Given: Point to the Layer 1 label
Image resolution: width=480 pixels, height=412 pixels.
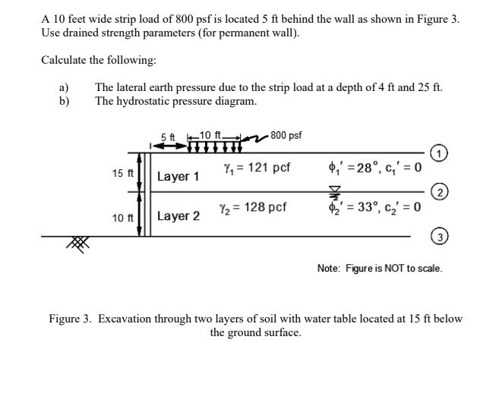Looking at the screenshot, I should tap(178, 177).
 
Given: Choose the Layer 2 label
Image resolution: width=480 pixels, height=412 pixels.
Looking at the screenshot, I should tap(178, 216).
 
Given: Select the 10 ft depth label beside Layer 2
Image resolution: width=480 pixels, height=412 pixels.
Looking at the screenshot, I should tap(122, 218).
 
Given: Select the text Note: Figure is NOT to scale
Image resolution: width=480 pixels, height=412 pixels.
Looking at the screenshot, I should tap(379, 268).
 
